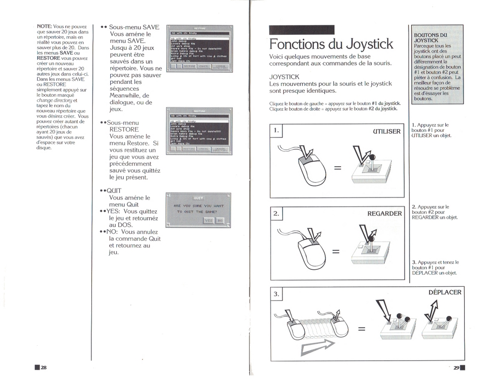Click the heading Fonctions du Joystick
pos(331,44)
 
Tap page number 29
pos(456,368)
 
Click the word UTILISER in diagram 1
pos(386,131)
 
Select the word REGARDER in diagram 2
pos(384,213)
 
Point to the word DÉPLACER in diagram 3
pos(445,292)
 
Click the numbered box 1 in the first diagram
pos(277,130)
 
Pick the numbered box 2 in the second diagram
pos(277,213)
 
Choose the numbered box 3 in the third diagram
pos(277,294)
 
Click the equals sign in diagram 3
pos(361,328)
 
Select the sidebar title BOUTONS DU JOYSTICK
pos(430,37)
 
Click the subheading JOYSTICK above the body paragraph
pos(284,77)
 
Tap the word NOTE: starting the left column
pos(44,27)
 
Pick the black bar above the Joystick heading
pos(301,30)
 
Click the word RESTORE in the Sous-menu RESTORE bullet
pos(124,129)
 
